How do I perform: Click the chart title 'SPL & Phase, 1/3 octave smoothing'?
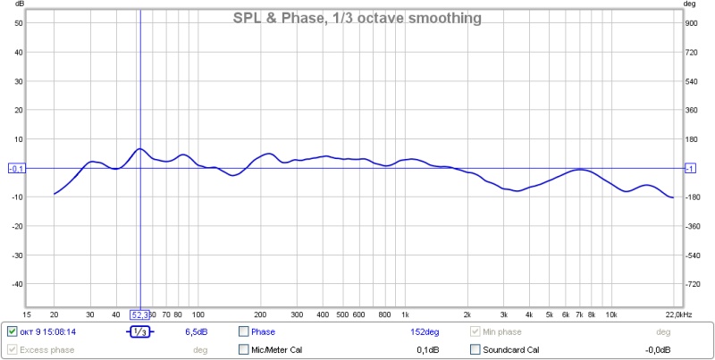(x=357, y=17)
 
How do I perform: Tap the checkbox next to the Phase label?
(x=244, y=331)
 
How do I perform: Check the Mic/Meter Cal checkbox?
(x=244, y=349)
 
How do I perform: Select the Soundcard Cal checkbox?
(x=475, y=349)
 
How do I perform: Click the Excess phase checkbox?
(x=12, y=349)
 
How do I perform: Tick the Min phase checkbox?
(x=475, y=331)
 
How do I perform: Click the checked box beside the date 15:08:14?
(x=12, y=331)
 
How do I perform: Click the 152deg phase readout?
(x=425, y=331)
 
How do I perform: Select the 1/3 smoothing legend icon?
(x=139, y=331)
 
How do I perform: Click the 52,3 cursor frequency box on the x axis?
(x=140, y=314)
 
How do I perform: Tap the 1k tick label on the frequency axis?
(x=404, y=314)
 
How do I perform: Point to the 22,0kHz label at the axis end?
(x=676, y=314)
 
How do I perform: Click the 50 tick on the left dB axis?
(x=18, y=23)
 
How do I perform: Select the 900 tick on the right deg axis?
(x=691, y=23)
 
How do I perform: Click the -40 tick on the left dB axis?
(x=17, y=284)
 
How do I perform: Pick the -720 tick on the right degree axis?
(x=692, y=284)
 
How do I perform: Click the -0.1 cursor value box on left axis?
(x=16, y=168)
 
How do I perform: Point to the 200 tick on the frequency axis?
(x=261, y=314)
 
